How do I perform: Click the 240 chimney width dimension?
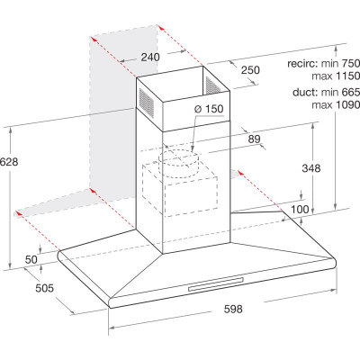pos(150,57)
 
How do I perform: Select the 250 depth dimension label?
pos(250,70)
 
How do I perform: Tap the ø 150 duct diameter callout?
pos(209,109)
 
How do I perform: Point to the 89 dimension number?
pos(254,139)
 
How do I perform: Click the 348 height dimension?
pos(311,168)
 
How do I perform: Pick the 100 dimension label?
pos(300,209)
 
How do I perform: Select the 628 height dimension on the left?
pos(9,162)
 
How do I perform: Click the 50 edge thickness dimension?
pos(31,259)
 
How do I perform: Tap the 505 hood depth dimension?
pos(45,288)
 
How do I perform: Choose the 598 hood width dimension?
pos(233,309)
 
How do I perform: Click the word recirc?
pos(302,64)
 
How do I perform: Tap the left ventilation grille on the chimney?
pos(146,101)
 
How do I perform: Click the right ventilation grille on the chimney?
pos(212,85)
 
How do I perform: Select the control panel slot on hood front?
pos(216,284)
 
